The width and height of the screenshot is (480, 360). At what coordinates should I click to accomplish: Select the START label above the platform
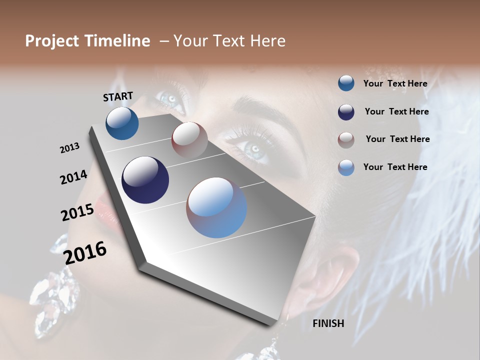[118, 96]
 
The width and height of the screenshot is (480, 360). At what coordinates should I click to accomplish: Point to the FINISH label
[328, 323]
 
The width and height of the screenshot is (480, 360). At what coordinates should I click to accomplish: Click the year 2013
[69, 147]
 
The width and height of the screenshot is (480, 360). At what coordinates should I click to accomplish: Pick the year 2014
[73, 177]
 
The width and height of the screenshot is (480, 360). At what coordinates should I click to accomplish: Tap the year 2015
[77, 212]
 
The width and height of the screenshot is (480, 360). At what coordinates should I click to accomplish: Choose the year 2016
[85, 252]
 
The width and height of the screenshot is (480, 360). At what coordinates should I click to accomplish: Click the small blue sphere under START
[122, 123]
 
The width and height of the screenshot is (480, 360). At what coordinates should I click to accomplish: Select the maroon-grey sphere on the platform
[189, 139]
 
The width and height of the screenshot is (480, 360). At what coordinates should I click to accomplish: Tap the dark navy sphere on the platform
[145, 180]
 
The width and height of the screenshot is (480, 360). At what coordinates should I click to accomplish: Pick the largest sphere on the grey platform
[216, 207]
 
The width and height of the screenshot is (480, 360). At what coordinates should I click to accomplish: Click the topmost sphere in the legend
[346, 83]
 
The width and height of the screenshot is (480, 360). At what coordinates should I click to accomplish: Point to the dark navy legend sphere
[346, 112]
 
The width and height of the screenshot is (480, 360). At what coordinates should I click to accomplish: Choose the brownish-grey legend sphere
[346, 140]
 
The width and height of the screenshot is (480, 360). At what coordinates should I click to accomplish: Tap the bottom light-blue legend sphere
[346, 167]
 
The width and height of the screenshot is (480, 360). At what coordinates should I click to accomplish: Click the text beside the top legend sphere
[395, 83]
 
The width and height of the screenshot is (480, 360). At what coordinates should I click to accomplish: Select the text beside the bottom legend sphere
[395, 167]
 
